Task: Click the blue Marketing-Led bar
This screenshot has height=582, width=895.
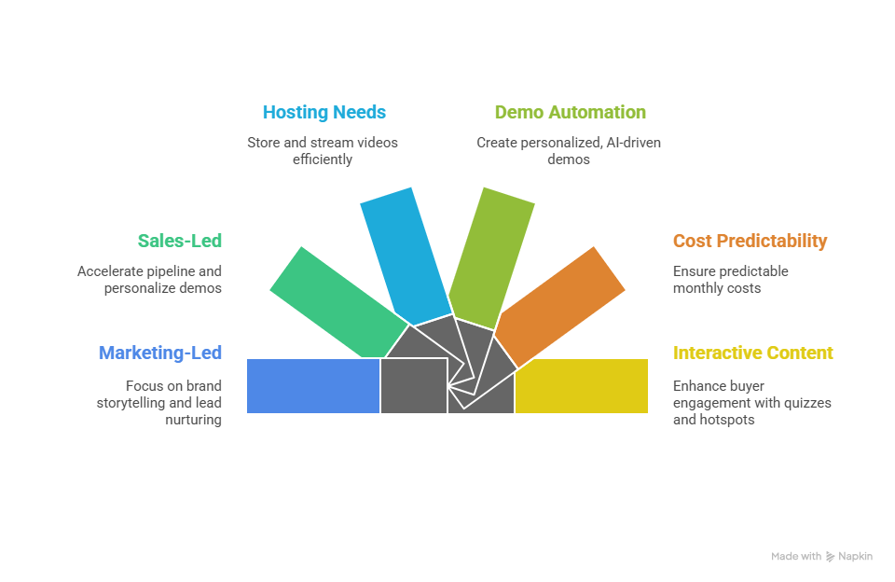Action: [313, 385]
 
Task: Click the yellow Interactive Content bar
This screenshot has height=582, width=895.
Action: [582, 385]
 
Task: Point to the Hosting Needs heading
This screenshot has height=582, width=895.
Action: [324, 112]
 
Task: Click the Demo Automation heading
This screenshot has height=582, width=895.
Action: [570, 112]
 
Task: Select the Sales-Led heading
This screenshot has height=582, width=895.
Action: [179, 241]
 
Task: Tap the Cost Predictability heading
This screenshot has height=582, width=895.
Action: [750, 241]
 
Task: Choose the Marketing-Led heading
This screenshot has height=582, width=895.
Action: [159, 353]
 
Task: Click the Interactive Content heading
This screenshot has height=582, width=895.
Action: [752, 353]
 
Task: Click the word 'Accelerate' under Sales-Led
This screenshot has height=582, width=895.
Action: [109, 271]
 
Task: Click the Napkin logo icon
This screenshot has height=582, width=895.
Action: [831, 557]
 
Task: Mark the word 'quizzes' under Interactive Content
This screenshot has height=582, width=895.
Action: [807, 403]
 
